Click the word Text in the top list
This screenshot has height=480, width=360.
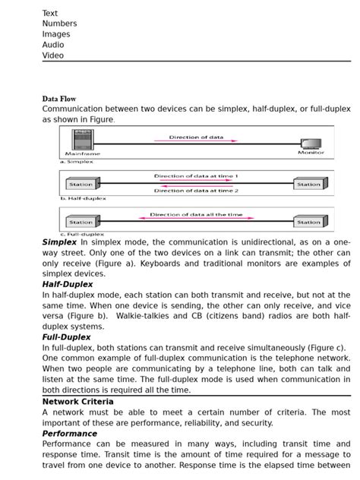click(x=49, y=13)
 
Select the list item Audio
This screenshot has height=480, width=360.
click(x=53, y=45)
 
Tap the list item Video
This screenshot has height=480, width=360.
click(x=53, y=55)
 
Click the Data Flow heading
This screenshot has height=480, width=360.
click(x=59, y=99)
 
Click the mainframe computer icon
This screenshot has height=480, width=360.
click(x=82, y=141)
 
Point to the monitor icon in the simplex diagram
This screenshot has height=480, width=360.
click(x=311, y=144)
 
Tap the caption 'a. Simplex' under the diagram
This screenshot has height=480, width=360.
click(x=77, y=162)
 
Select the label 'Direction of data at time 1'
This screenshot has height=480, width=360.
click(x=196, y=175)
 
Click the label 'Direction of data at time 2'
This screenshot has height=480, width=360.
click(x=196, y=191)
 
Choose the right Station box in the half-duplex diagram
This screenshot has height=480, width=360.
click(x=309, y=184)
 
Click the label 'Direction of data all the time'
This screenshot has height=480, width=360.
click(x=196, y=215)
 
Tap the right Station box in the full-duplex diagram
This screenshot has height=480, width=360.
click(x=309, y=222)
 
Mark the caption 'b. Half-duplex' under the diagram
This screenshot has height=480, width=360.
click(x=83, y=198)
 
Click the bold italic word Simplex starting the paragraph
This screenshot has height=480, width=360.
click(x=59, y=242)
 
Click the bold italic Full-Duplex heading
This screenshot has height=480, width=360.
click(x=66, y=336)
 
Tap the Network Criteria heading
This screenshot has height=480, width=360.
click(x=77, y=401)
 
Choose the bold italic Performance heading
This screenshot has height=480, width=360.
click(x=69, y=433)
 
